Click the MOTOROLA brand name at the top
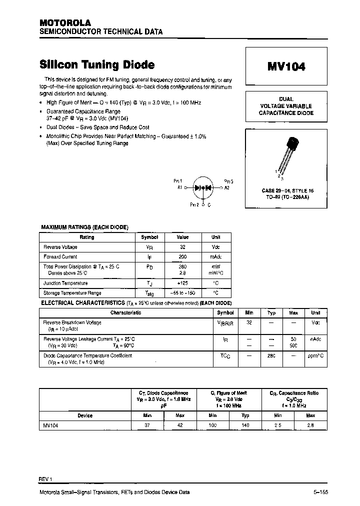pyautogui.click(x=65, y=23)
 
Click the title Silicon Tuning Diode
pyautogui.click(x=97, y=65)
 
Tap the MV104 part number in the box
pyautogui.click(x=286, y=66)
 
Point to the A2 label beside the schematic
pyautogui.click(x=226, y=187)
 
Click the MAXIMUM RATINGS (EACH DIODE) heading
pyautogui.click(x=84, y=227)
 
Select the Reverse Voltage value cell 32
pyautogui.click(x=182, y=247)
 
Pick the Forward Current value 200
pyautogui.click(x=182, y=256)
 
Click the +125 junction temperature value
pyautogui.click(x=182, y=283)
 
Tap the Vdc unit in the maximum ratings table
pyautogui.click(x=215, y=247)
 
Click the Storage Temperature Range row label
pyautogui.click(x=72, y=293)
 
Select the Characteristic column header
pyautogui.click(x=125, y=312)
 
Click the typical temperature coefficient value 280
pyautogui.click(x=271, y=356)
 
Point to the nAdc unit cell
pyautogui.click(x=315, y=339)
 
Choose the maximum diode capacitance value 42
pyautogui.click(x=179, y=425)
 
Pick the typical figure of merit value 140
pyautogui.click(x=245, y=425)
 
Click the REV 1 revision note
pyautogui.click(x=45, y=479)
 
